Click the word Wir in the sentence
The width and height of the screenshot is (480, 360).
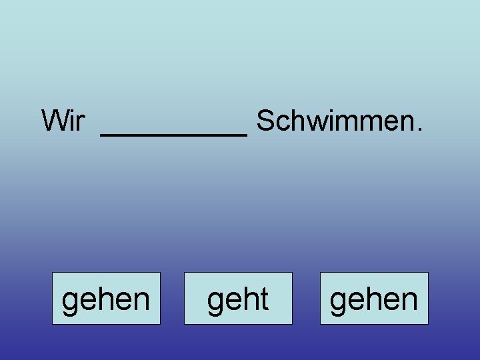tap(63, 121)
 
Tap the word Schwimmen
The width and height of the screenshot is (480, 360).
tap(336, 121)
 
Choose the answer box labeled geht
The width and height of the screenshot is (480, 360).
tap(238, 299)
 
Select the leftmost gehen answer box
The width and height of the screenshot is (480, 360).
tap(106, 299)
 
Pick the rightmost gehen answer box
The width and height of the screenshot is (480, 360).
tap(374, 299)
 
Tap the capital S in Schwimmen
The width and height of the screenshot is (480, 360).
tap(265, 121)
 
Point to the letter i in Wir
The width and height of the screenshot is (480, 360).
tap(72, 121)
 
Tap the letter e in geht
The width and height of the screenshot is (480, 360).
tap(233, 302)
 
